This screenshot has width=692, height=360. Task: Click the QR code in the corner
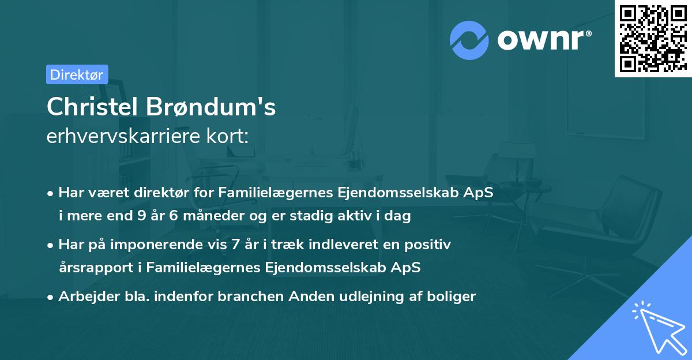coord(653,39)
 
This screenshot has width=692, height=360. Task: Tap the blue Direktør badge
coord(77,74)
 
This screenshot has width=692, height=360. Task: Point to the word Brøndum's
coord(212,107)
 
